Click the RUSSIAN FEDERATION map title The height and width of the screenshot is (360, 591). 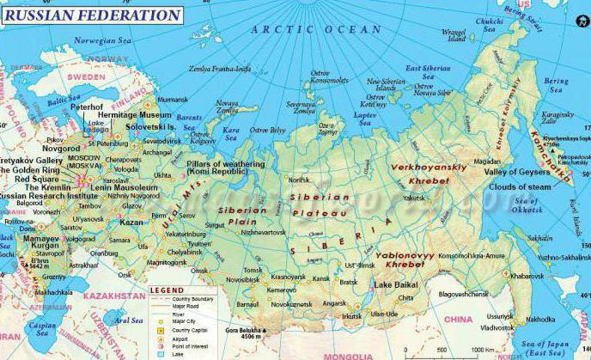(x=91, y=15)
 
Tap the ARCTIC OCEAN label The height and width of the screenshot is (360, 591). (x=315, y=29)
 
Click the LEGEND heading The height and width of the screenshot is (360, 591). (x=167, y=290)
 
